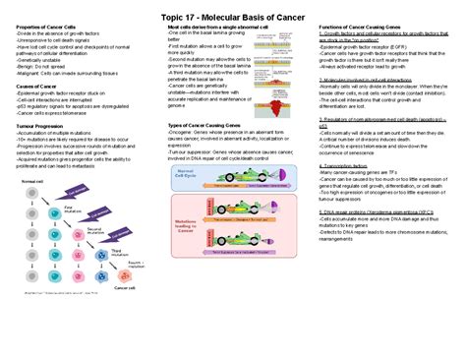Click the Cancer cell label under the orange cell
coord(125,287)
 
